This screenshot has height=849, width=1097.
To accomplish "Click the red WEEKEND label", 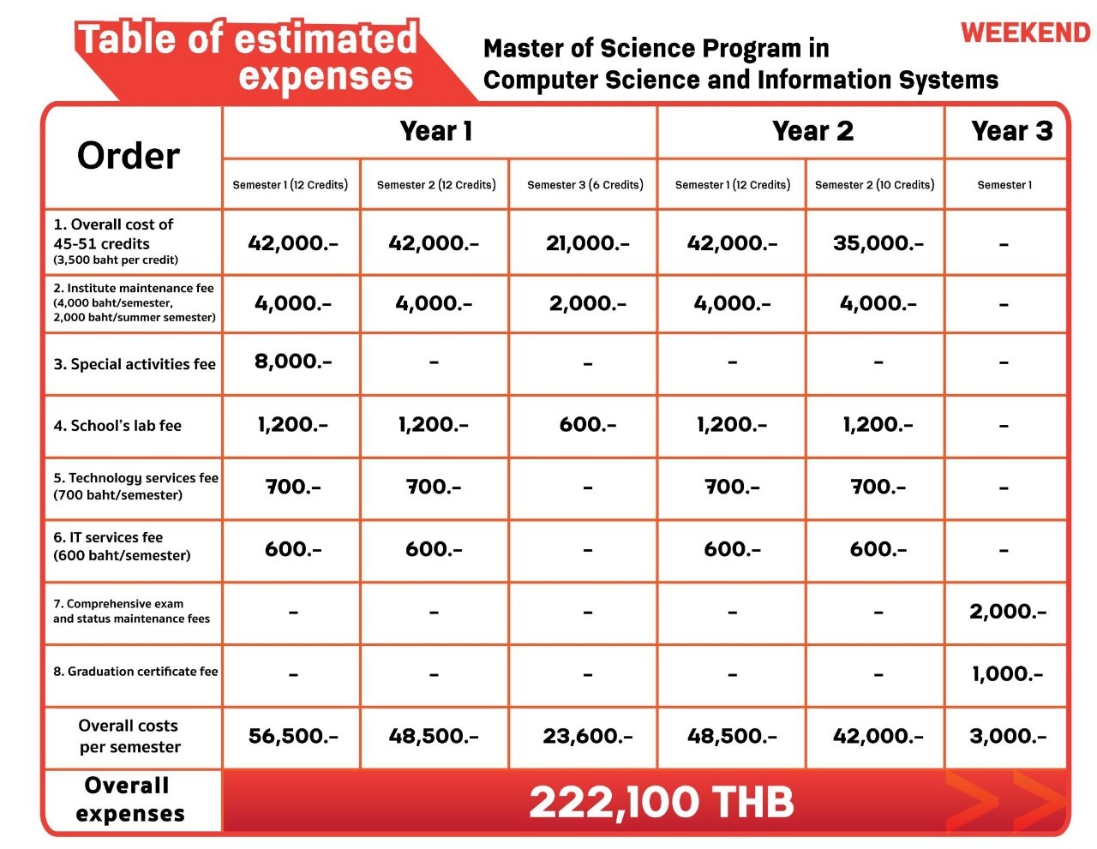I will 1025,33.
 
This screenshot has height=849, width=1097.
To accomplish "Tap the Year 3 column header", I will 1011,131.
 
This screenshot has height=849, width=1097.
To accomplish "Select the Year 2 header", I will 812,131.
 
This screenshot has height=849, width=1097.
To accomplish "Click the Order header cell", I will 129,156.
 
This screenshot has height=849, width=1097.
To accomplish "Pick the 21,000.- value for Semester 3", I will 587,243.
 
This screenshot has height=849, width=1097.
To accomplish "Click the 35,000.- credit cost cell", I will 878,243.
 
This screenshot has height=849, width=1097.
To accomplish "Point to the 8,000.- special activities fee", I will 293,362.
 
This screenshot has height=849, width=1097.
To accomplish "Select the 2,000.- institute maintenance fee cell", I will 587,303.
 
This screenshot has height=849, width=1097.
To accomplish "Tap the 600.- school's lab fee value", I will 587,425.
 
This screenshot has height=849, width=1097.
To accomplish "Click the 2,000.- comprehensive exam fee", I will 1008,612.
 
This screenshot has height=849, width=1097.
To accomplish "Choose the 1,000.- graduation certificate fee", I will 1007,674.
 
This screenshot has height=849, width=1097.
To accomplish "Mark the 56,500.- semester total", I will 293,736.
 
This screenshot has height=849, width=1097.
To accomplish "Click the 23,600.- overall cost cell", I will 587,736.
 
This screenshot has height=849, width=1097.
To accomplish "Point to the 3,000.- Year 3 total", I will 1008,736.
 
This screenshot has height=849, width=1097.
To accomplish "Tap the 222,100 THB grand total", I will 661,803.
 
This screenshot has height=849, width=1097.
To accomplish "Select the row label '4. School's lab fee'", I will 117,426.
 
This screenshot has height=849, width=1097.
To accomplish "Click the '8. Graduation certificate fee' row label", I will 135,672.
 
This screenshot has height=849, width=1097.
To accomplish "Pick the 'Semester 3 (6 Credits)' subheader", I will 585,185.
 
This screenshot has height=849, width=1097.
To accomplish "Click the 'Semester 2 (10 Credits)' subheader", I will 874,185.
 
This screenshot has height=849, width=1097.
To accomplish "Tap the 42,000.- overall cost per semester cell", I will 878,736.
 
